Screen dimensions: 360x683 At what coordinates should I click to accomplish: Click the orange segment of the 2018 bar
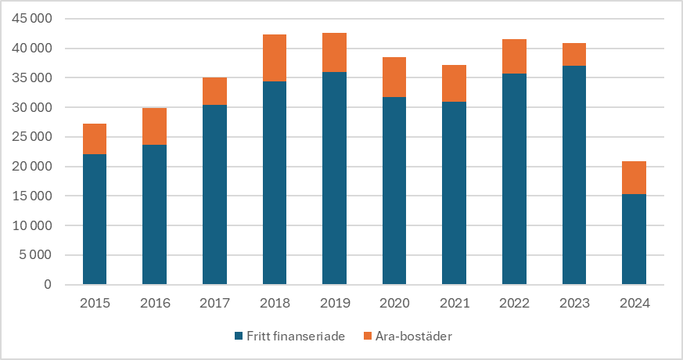275,58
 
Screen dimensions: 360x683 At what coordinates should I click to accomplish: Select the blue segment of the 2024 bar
634,239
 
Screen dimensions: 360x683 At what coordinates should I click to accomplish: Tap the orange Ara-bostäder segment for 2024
634,178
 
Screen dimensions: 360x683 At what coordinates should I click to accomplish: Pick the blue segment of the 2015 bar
95,219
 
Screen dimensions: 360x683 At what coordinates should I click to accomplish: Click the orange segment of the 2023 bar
574,54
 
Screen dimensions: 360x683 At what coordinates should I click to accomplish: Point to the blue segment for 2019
335,178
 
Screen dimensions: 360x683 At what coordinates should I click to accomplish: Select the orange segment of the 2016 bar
154,126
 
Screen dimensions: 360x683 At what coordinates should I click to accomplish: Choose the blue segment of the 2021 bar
455,193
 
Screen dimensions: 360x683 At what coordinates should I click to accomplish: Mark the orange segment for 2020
394,77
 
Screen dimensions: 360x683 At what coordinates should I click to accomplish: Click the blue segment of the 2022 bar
514,178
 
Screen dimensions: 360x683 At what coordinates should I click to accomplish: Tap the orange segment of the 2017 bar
214,91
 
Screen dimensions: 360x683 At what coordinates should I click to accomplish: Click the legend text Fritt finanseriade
295,336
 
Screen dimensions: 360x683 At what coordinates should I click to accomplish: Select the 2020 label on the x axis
394,303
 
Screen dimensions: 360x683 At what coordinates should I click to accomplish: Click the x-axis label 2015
95,303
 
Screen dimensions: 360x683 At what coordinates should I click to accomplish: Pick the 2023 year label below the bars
574,303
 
